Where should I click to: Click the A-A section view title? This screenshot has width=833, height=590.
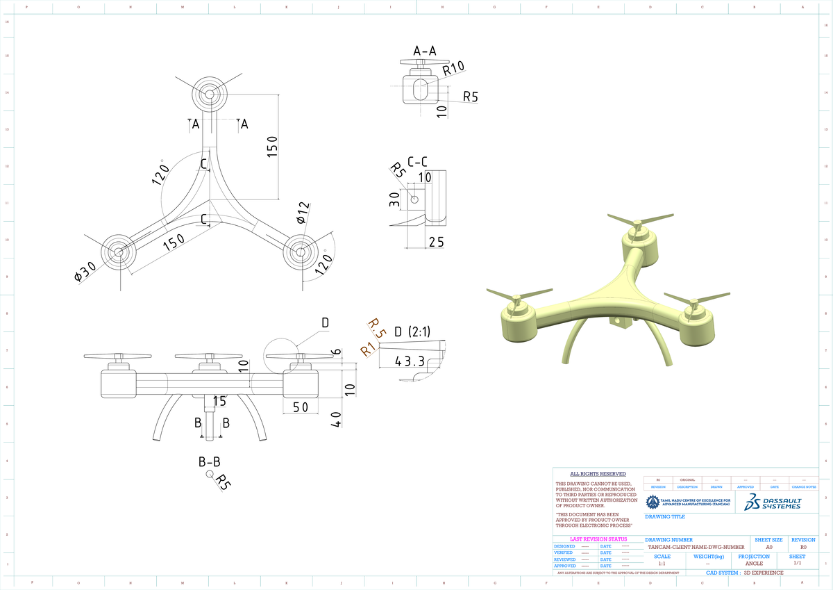[425, 51]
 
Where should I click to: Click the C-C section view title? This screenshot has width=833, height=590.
[418, 161]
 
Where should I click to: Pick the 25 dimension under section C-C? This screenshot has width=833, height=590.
[436, 241]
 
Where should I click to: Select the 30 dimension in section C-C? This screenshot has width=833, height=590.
[394, 199]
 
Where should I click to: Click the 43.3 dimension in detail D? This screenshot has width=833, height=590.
[410, 361]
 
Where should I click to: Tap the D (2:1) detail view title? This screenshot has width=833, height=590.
[412, 331]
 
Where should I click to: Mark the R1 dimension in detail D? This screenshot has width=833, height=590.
[368, 350]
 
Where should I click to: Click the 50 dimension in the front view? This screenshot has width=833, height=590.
[300, 407]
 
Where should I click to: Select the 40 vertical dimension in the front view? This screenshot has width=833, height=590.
[336, 420]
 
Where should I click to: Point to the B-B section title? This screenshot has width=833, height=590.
[210, 461]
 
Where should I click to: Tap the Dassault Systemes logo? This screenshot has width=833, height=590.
[773, 502]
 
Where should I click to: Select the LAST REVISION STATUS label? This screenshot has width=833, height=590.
[598, 539]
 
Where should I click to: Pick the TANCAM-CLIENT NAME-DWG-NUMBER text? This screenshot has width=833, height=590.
[696, 547]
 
